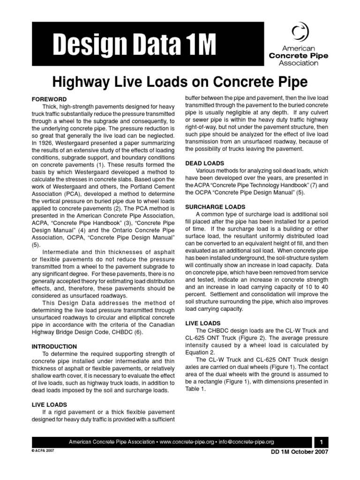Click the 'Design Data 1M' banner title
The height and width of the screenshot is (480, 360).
[x=135, y=45]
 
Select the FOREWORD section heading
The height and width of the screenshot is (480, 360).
[x=49, y=100]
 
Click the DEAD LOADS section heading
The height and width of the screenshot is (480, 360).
[x=204, y=163]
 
